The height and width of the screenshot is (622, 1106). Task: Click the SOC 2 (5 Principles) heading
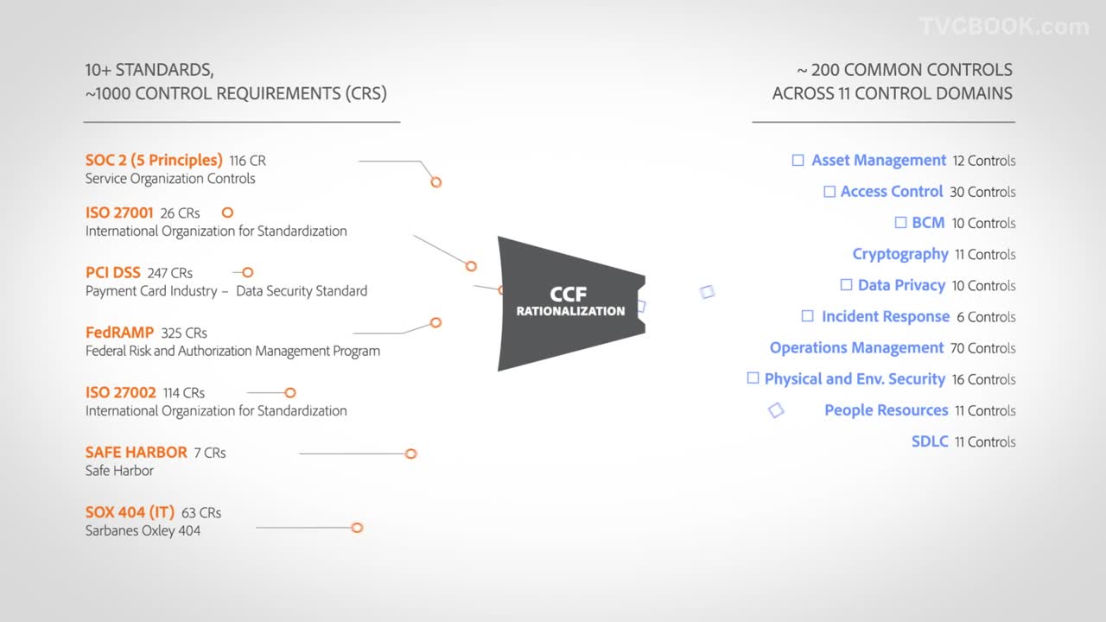click(154, 161)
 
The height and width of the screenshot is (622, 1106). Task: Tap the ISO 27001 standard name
click(119, 213)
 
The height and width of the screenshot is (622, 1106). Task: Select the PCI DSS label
click(112, 272)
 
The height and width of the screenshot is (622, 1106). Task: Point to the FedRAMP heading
click(119, 333)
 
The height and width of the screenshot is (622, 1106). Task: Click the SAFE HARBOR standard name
click(136, 452)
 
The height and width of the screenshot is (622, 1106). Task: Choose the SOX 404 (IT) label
click(130, 512)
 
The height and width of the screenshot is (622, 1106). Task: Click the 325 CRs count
click(184, 333)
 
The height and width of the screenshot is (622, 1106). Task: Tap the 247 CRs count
click(170, 273)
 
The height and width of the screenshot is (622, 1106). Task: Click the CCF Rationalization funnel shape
click(571, 303)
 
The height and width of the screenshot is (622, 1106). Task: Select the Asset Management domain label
click(879, 161)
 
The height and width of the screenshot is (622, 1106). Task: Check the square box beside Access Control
click(829, 192)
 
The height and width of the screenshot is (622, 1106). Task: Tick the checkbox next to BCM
click(900, 223)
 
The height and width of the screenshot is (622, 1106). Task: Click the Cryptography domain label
click(900, 254)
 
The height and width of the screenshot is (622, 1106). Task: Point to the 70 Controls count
click(982, 348)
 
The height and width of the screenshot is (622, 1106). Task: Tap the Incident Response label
click(886, 316)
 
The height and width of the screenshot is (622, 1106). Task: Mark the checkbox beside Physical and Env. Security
click(753, 378)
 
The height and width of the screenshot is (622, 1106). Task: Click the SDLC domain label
click(930, 441)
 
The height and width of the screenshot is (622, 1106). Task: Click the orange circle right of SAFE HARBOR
click(410, 454)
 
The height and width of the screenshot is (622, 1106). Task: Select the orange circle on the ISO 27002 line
click(290, 393)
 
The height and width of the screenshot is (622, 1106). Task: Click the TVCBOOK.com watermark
click(1004, 26)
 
